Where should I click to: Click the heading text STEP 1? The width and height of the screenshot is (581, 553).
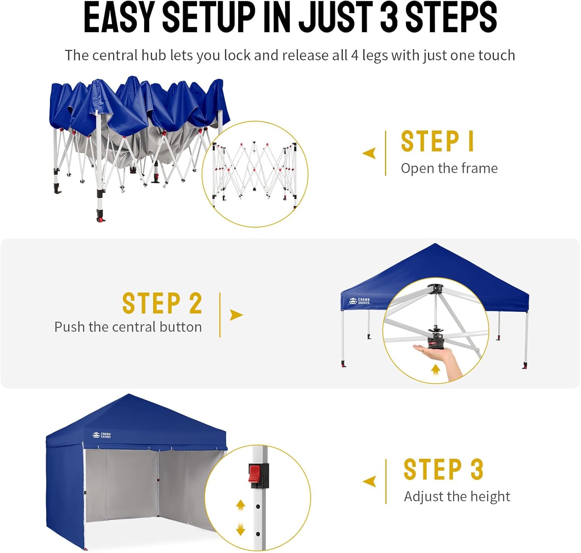pos(437,141)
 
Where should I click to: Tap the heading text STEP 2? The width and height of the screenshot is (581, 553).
pos(162,303)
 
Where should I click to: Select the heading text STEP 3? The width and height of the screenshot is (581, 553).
pos(443,469)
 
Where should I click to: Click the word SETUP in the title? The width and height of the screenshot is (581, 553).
pos(209,17)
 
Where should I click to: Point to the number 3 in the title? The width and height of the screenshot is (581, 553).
pos(388,17)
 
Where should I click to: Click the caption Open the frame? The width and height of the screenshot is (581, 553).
pos(449,168)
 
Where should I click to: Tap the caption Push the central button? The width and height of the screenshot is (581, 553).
pos(128,327)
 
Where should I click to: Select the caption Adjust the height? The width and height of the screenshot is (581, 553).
pos(457,497)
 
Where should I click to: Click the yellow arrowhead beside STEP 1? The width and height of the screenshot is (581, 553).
pos(370,153)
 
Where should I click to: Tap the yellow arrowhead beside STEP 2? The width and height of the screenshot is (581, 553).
pos(236,315)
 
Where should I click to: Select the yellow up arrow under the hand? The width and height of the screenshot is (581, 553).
pos(435,369)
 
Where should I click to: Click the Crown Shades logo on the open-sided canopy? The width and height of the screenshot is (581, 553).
pos(359,301)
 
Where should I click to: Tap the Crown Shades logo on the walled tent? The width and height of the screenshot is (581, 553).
pos(101,435)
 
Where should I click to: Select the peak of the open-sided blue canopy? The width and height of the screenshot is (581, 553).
pos(435,244)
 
